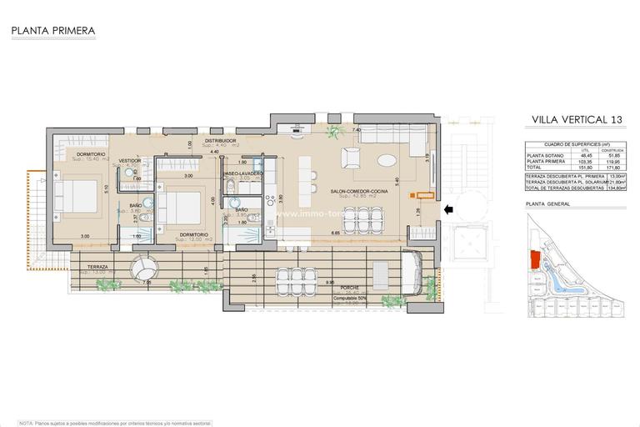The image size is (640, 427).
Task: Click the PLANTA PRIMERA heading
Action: pos(53,31)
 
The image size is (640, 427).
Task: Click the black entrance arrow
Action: pos(449,211)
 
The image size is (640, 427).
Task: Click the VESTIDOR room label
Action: pos(129,160)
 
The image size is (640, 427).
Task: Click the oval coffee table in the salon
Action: pos(387,161)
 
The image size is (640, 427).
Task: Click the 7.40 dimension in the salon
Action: pos(356,131)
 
